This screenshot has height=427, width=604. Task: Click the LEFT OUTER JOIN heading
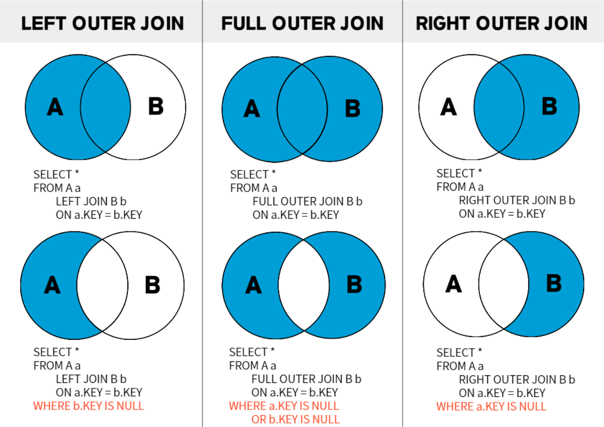(103, 23)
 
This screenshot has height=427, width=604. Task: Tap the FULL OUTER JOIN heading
(302, 23)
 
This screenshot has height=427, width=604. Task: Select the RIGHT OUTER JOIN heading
(501, 23)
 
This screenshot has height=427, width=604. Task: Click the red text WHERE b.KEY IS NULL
(89, 406)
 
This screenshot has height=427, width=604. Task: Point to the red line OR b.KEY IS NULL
(295, 419)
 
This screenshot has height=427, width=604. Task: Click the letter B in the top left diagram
(156, 106)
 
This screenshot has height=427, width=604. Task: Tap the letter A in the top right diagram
(449, 107)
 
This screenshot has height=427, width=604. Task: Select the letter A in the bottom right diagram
(453, 284)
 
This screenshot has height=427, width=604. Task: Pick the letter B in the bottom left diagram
(153, 285)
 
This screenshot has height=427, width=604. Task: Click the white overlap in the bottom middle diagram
(304, 285)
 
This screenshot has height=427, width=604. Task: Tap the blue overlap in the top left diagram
(106, 107)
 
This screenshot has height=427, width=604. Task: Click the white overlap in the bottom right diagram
(504, 284)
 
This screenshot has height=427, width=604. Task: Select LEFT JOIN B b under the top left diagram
(91, 201)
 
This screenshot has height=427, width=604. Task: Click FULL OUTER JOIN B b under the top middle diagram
(308, 201)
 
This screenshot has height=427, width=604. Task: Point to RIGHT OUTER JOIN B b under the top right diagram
(517, 200)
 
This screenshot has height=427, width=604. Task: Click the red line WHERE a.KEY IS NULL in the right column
(491, 407)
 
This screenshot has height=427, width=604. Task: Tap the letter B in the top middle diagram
(353, 108)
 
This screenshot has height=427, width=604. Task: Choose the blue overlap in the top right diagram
(499, 107)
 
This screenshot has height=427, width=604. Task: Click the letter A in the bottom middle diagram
(253, 285)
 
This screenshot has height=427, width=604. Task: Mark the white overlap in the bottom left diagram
(103, 285)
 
